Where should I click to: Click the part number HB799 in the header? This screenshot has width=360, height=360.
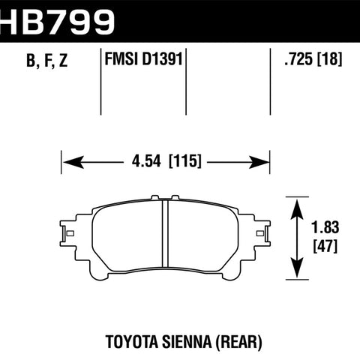[x=57, y=22]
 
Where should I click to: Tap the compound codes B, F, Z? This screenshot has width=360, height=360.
[x=47, y=61]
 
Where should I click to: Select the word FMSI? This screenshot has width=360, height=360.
[x=122, y=59]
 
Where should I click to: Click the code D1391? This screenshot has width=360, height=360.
[x=163, y=59]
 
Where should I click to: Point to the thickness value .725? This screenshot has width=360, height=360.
[x=298, y=59]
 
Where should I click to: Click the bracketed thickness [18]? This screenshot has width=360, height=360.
[x=329, y=59]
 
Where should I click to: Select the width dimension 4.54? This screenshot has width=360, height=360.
[x=146, y=160]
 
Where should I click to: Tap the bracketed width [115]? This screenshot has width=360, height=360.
[x=185, y=160]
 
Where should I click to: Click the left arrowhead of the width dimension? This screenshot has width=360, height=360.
[x=73, y=162]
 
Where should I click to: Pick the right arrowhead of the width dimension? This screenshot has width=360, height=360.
[x=259, y=163]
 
